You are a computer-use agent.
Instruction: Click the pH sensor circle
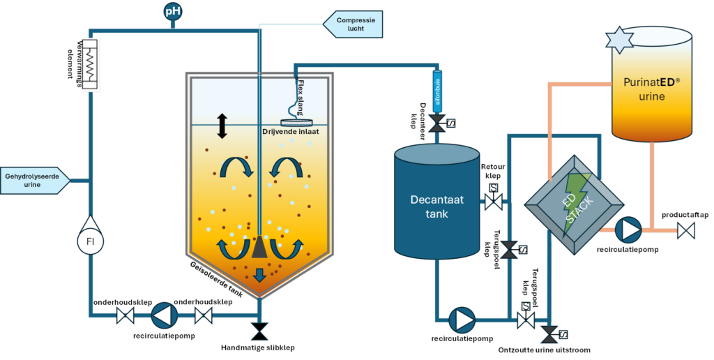click(x=173, y=12)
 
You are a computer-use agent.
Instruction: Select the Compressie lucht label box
click(x=356, y=25)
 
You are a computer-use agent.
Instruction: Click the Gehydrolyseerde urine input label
click(x=35, y=180)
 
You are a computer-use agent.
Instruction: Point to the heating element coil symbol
click(x=91, y=59)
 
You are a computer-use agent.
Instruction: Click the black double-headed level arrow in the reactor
click(x=222, y=126)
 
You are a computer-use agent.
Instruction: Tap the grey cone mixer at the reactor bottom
click(x=259, y=245)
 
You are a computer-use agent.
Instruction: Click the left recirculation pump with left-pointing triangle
click(x=165, y=315)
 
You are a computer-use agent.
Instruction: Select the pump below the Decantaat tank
click(x=461, y=320)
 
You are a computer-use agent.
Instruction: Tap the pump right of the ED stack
click(x=630, y=229)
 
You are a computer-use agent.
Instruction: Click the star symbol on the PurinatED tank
click(x=618, y=40)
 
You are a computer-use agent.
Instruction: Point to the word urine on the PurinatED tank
click(x=652, y=96)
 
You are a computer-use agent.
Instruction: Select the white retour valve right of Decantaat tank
click(x=494, y=203)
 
